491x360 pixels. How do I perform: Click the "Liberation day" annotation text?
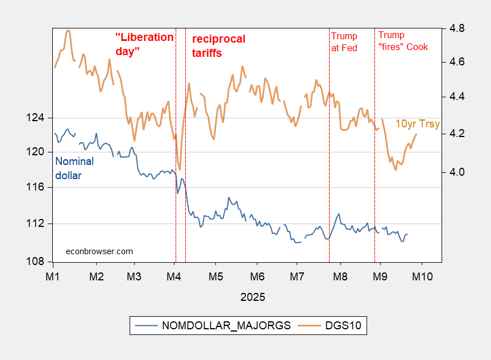coord(144,44)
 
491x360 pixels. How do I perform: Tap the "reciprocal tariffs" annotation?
coord(219,46)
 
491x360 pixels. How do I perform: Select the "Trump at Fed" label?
coord(344,42)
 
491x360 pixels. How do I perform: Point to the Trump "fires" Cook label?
coord(403,42)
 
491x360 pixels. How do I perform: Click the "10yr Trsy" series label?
coord(417,123)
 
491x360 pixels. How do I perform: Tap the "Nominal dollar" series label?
coord(74,168)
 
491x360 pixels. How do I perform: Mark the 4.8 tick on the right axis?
coord(457,28)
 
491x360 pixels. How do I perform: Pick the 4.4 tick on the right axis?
coord(457,97)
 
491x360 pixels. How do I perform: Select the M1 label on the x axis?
coord(53,276)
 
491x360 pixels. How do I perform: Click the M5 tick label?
coord(215,276)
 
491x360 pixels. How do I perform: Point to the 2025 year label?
coord(252,297)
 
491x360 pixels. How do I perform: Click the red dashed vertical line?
coord(186,171)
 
